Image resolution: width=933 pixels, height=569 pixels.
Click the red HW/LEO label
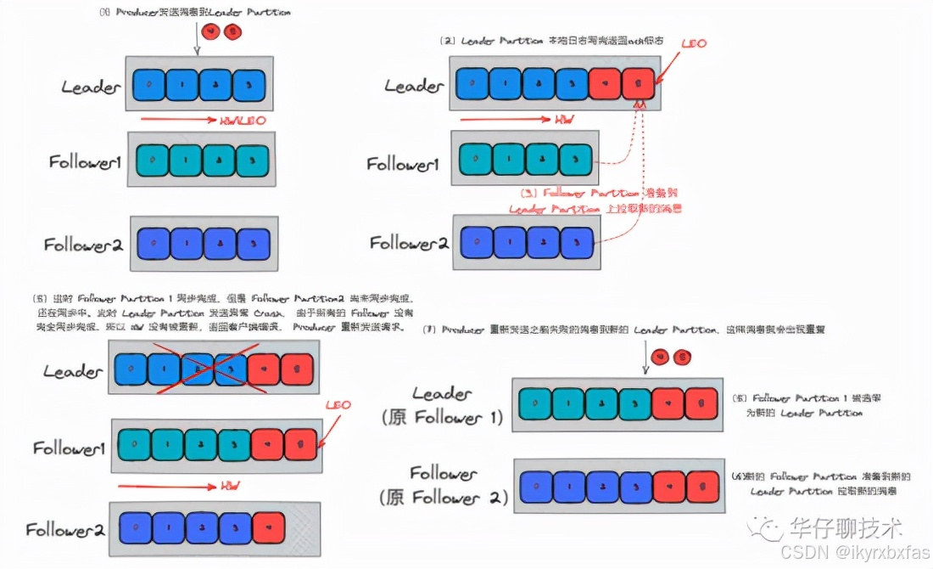point(243,121)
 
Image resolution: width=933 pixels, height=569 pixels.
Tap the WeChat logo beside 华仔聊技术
point(770,528)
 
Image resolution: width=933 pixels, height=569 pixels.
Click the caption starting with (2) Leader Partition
point(550,41)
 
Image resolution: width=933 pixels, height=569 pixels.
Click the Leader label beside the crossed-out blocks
point(74,371)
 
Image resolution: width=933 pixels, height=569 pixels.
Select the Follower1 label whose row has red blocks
point(69,447)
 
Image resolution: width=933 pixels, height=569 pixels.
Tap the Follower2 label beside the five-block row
point(65,530)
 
